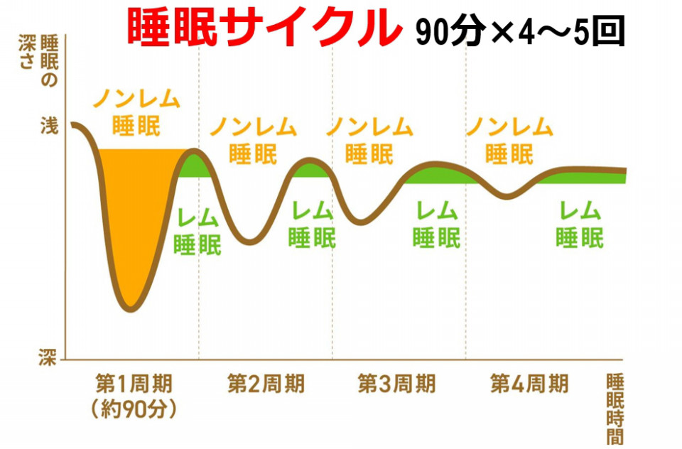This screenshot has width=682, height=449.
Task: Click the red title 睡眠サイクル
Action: (261, 28)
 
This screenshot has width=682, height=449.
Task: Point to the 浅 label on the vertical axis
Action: (48, 128)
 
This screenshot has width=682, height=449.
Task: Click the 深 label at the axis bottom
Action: (48, 357)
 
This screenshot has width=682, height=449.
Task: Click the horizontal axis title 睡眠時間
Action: (615, 408)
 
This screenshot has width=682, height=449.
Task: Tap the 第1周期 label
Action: (133, 384)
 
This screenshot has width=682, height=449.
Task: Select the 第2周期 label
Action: (266, 384)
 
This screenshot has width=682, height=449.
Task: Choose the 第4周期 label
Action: (529, 384)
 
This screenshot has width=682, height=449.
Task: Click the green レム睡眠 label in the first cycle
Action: (197, 229)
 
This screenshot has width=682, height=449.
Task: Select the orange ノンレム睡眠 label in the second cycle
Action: (253, 140)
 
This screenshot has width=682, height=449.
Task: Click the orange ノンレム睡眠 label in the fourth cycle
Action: (509, 140)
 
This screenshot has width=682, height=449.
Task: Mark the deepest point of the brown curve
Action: (129, 309)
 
